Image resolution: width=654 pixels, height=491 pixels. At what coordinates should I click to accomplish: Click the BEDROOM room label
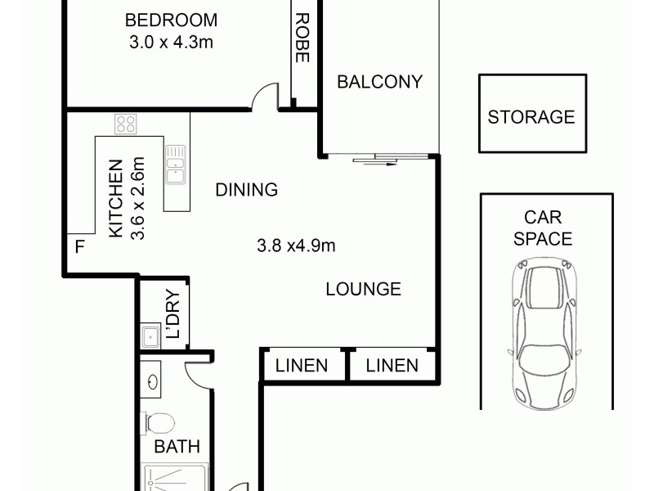coord(171,20)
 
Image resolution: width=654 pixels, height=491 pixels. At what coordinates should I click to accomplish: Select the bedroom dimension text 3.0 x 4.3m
coord(171,42)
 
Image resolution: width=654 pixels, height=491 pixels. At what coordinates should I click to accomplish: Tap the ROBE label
coord(301,38)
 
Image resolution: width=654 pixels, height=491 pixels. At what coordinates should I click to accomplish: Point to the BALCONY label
coord(379,82)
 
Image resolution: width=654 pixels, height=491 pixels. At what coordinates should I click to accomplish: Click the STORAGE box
coord(531,115)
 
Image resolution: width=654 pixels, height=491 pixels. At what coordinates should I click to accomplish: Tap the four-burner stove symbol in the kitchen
coord(126,124)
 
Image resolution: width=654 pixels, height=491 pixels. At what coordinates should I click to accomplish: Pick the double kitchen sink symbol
coord(175,167)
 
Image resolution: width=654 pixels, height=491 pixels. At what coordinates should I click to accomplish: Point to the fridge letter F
coord(79,245)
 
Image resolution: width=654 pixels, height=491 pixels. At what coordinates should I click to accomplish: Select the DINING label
coord(247,190)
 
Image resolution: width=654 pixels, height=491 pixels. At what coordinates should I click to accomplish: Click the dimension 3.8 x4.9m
coord(297,244)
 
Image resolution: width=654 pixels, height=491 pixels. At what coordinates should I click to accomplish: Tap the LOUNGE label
coord(363,289)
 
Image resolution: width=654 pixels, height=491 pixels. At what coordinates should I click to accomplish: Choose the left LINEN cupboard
coord(301,366)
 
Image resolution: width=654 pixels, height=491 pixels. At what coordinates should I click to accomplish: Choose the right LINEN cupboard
coord(391,366)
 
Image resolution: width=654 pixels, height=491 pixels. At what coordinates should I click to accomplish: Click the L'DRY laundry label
coord(173,315)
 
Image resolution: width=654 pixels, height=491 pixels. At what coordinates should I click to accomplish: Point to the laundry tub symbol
coord(150,336)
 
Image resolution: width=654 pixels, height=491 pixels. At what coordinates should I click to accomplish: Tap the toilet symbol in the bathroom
coord(159,423)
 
